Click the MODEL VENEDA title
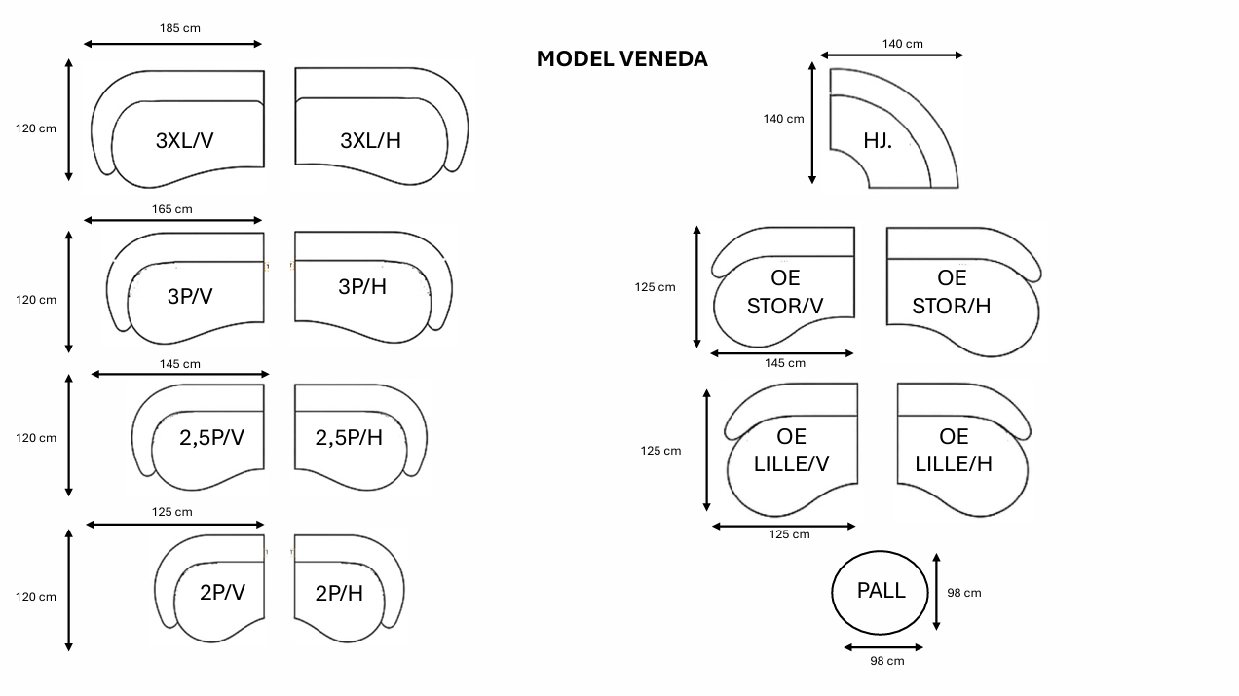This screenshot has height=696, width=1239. [x=621, y=58]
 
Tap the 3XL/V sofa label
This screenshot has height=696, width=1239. [x=184, y=140]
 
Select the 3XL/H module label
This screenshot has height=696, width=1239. [x=370, y=140]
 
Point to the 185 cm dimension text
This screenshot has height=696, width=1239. [x=180, y=28]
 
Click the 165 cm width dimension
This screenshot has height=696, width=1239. [x=172, y=208]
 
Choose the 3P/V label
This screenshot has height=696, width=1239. [x=189, y=296]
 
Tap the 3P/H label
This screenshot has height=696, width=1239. [x=362, y=286]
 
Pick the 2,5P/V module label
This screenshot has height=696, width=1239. [x=211, y=438]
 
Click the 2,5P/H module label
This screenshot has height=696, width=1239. [x=349, y=438]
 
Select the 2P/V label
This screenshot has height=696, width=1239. [x=222, y=591]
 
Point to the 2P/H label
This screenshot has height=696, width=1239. [x=339, y=592]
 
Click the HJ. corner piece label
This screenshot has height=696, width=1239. [x=878, y=140]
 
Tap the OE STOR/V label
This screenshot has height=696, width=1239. [x=785, y=292]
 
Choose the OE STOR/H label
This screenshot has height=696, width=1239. [x=952, y=292]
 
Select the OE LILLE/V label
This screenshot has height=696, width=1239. [x=791, y=450]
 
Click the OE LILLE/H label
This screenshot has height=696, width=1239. [x=954, y=450]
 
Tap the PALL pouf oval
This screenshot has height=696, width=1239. [x=881, y=591]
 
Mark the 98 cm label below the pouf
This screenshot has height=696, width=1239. [x=886, y=661]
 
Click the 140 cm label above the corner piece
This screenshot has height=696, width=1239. [x=903, y=43]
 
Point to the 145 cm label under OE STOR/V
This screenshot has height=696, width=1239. [x=785, y=363]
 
